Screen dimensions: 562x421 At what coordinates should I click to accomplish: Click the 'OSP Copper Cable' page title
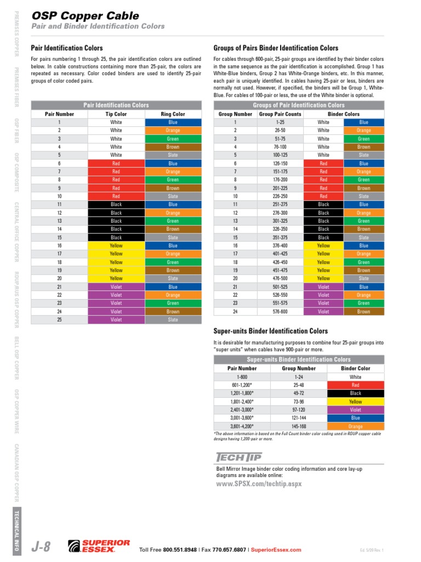[x=84, y=16]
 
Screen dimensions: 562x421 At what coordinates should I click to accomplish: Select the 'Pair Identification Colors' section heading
[x=66, y=48]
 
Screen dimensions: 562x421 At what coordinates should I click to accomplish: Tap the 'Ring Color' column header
[x=173, y=114]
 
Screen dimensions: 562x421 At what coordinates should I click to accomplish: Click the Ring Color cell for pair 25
[x=173, y=319]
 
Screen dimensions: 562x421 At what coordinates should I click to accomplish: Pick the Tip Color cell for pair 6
[x=116, y=164]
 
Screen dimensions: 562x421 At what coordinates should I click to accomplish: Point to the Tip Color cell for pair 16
[x=116, y=246]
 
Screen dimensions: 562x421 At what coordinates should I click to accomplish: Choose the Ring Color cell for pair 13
[x=173, y=221]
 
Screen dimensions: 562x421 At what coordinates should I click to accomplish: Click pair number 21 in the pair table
[x=59, y=286]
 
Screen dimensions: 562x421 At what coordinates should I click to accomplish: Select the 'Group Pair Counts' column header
[x=280, y=114]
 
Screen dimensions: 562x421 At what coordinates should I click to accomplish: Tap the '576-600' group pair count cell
[x=280, y=311]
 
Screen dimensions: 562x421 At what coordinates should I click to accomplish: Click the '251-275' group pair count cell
[x=280, y=205]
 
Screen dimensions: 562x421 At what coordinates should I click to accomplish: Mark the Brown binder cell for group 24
[x=363, y=311]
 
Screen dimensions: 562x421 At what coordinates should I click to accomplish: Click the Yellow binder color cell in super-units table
[x=355, y=402]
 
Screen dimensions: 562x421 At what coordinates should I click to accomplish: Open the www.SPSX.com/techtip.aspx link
[x=259, y=484]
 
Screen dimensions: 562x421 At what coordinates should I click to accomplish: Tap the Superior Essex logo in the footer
[x=99, y=546]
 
